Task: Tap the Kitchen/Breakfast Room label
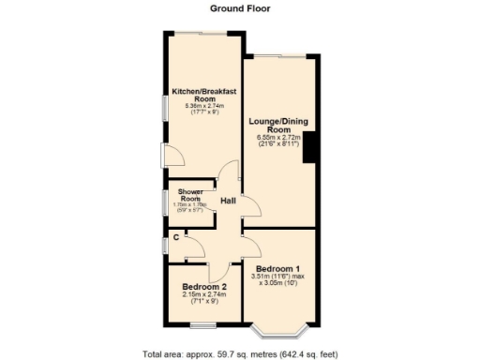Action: (x=200, y=95)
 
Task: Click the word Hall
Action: (x=228, y=202)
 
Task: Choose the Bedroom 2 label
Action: (x=204, y=287)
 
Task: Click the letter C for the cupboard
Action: (x=176, y=237)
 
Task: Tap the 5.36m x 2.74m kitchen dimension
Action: (x=200, y=107)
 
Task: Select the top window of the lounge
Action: (x=278, y=56)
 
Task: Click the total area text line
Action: (x=240, y=354)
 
